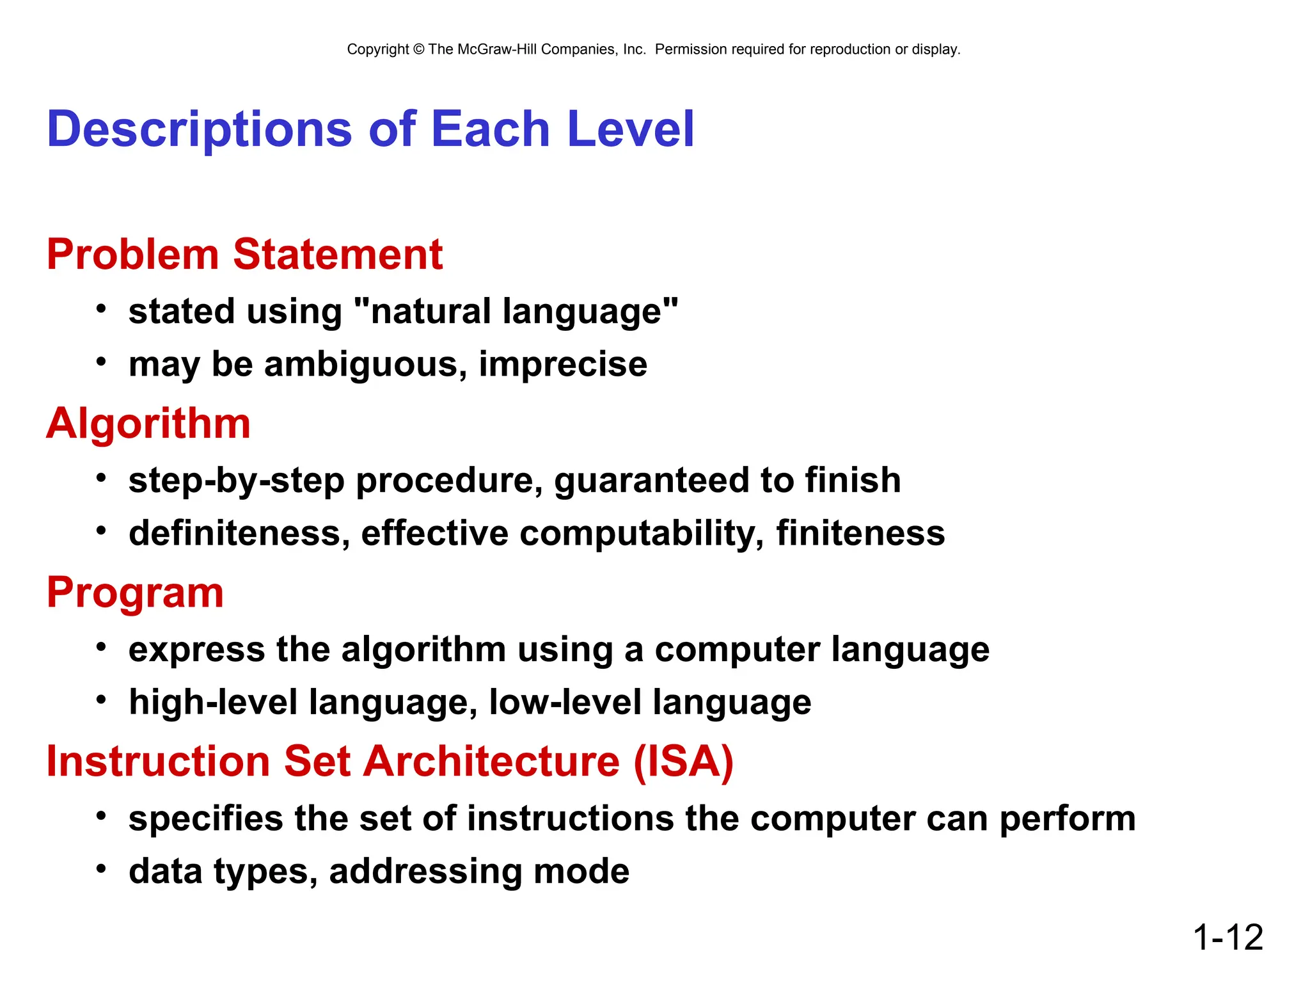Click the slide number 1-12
[x=1227, y=938]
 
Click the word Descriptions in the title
[x=199, y=130]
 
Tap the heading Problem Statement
[x=244, y=255]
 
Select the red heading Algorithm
[x=148, y=424]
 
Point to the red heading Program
[x=135, y=593]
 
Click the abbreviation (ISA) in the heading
[x=683, y=762]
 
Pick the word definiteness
[x=239, y=533]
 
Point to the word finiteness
[x=860, y=533]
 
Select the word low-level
[x=565, y=702]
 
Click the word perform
[x=1067, y=819]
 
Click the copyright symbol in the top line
[x=418, y=49]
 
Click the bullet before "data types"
[x=101, y=869]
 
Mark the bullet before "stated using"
[x=101, y=309]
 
